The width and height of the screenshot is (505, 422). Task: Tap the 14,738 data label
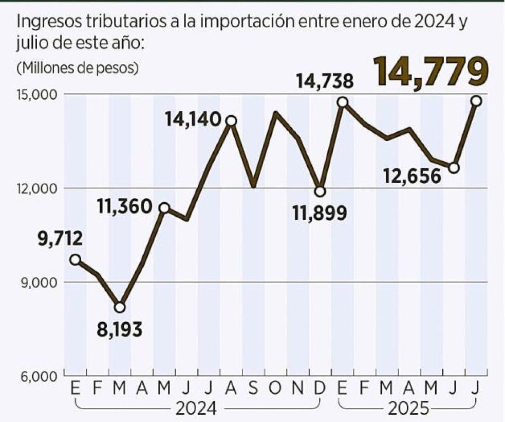pos(324,81)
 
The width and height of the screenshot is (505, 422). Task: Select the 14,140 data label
pos(193,120)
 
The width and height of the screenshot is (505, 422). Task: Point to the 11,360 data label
pos(124,207)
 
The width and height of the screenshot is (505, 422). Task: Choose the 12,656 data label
pos(413,176)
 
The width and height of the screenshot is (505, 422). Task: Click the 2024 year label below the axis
pos(196,409)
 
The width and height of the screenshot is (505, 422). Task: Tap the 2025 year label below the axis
pos(409,409)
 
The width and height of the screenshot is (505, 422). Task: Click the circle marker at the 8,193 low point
pos(120,307)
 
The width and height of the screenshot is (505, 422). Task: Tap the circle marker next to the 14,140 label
pos(231,121)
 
